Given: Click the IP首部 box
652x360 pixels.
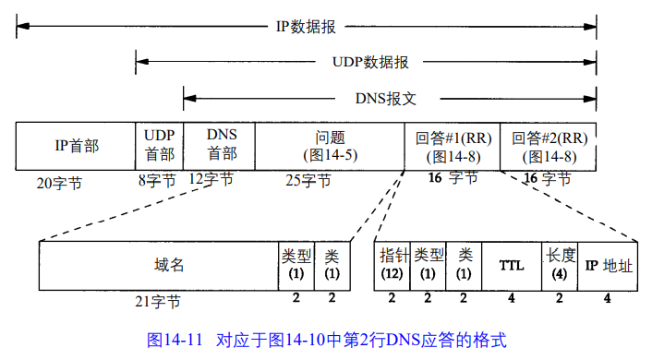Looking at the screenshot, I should pos(76,146).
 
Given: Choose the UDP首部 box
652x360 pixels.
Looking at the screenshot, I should pos(159,146).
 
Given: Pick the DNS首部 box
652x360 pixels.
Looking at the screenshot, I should pos(220,146).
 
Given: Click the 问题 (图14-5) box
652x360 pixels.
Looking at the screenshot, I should pos(329,146).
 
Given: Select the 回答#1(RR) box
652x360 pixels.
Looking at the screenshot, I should pos(452,146).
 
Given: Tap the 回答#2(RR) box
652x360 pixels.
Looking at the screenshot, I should pos(548,146).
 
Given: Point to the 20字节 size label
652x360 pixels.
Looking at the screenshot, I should pos(59,183).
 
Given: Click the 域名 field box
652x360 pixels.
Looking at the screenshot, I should pos(158,265).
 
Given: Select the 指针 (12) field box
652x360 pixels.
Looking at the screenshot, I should pos(392,265).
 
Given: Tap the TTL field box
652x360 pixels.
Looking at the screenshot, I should pos(512,265).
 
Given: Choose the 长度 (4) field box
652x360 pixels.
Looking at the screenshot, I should pos(560,265).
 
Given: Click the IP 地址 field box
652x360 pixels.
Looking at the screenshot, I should pos(609,265).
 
